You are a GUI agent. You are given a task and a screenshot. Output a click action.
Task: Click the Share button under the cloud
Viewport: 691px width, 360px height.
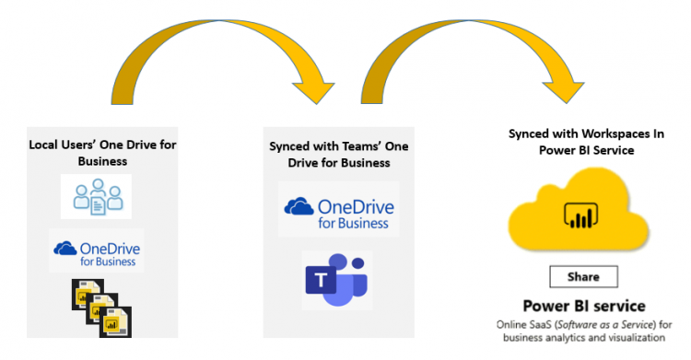click(x=583, y=276)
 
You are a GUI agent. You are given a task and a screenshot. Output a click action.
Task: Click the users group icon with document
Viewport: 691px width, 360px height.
click(x=96, y=196)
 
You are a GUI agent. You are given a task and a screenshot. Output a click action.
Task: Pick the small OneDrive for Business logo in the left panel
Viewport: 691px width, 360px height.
click(x=96, y=250)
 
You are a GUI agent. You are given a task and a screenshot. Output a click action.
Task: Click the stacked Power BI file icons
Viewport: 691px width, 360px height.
click(x=100, y=307)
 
